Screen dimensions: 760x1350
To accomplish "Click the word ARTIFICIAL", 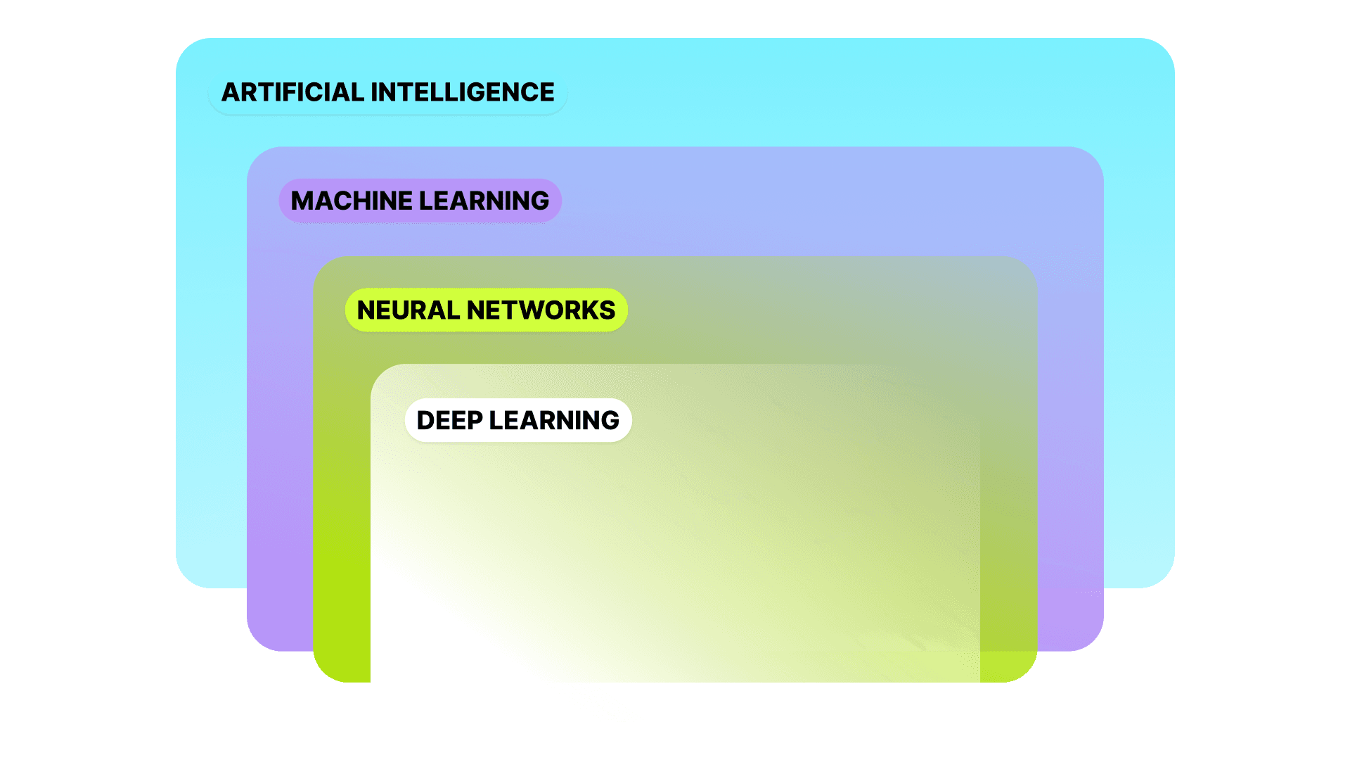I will (292, 92).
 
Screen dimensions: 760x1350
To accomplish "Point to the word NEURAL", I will (408, 310).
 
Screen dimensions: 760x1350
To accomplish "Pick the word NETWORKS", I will (541, 310).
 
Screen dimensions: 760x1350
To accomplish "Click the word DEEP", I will (449, 420).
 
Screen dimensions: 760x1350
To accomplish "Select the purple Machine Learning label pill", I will (420, 201).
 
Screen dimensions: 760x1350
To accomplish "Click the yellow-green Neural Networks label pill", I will (486, 310).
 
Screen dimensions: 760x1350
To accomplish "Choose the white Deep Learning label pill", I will (518, 420).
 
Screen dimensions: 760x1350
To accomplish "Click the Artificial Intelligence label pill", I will (387, 92).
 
